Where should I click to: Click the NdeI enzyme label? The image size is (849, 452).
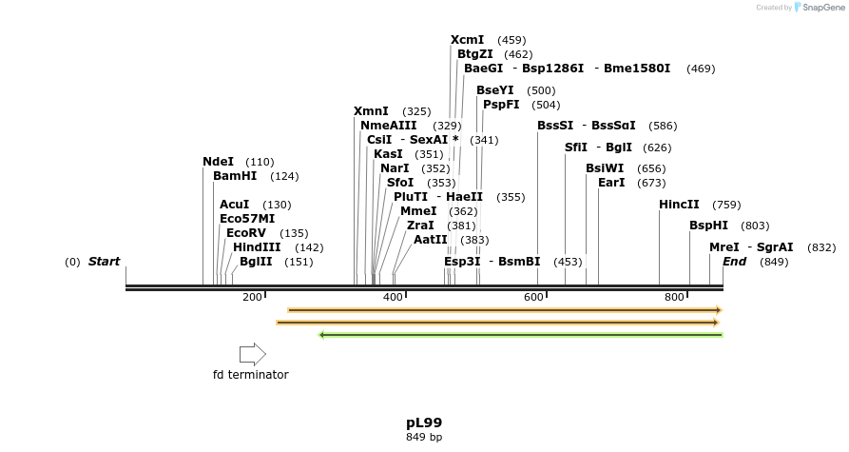(218, 162)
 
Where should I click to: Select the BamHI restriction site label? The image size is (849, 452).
(235, 176)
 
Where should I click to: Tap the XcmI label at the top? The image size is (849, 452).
(467, 40)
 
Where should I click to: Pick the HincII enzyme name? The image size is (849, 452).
(679, 205)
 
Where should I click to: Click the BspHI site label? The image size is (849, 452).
(708, 226)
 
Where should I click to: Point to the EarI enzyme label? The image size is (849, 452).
(611, 183)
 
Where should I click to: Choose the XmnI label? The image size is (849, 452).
(371, 111)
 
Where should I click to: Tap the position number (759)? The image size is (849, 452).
(726, 205)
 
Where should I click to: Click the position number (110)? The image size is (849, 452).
(260, 162)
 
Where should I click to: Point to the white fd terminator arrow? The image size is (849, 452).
(252, 355)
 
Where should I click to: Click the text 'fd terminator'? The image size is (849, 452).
(250, 375)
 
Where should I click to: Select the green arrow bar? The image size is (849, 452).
(520, 335)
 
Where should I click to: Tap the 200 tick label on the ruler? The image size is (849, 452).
(252, 298)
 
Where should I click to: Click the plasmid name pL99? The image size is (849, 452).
(424, 423)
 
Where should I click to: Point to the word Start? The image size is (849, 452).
(105, 262)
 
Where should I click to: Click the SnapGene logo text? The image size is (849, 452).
(821, 8)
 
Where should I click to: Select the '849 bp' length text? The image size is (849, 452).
(424, 438)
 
